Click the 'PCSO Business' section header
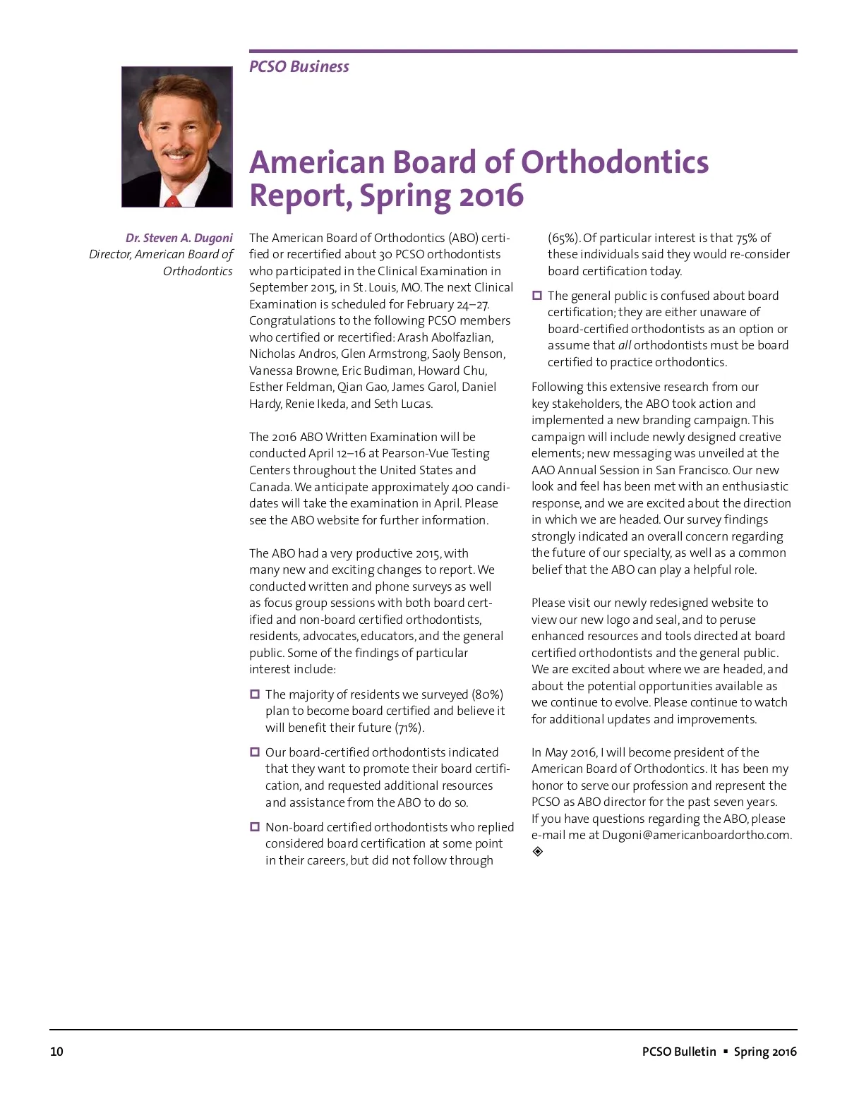click(299, 67)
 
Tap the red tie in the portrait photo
click(172, 200)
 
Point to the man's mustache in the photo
click(177, 152)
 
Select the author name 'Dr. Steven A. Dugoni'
click(179, 238)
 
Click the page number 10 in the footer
click(56, 1052)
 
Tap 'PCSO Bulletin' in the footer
click(678, 1052)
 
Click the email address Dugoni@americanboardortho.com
click(696, 835)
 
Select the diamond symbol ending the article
click(538, 852)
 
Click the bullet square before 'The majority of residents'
click(255, 694)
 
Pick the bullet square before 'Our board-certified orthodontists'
click(255, 752)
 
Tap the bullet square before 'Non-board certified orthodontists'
click(255, 827)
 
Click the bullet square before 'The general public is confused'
click(537, 296)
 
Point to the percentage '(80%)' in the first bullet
click(487, 694)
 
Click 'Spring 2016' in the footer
click(765, 1052)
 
